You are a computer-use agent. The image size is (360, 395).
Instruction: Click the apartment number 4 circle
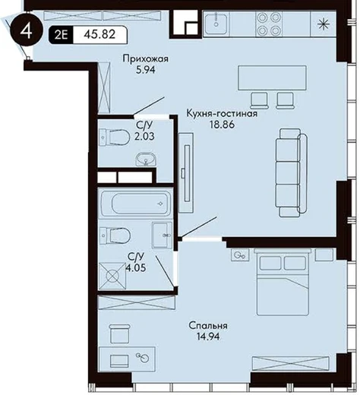coord(27,31)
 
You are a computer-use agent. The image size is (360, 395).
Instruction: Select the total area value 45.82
coord(99,34)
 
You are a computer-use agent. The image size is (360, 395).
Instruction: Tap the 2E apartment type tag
coord(61,35)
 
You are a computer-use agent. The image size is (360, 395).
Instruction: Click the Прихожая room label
coord(145,59)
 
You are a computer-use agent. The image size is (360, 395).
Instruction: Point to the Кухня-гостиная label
coord(222,114)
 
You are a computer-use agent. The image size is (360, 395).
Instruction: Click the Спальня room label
coord(208,326)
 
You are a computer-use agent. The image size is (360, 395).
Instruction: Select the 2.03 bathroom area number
coord(144,137)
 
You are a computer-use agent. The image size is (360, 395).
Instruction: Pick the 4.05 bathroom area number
coord(136,267)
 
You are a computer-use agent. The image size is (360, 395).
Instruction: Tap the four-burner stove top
coord(268,24)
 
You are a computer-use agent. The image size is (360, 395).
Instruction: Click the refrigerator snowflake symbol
coord(324,24)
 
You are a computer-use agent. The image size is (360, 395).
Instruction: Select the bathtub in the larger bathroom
coord(135,204)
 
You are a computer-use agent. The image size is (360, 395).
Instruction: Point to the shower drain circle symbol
coord(112,276)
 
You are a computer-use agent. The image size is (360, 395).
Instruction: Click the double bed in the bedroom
coord(283,282)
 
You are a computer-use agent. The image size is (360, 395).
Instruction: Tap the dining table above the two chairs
coord(272,77)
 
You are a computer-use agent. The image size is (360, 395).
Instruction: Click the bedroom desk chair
coord(120,333)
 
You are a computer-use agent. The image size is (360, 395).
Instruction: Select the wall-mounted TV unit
coord(186,173)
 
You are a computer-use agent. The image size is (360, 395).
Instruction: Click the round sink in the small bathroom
coord(146,160)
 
